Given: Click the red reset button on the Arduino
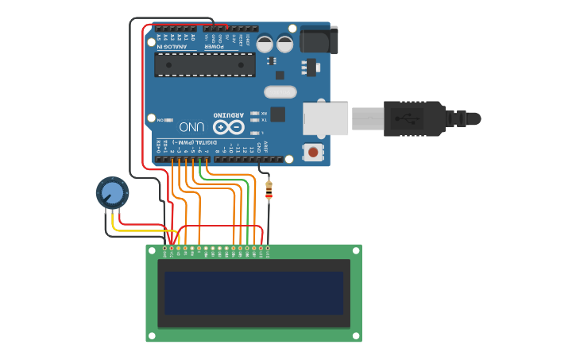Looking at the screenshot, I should coord(314,151).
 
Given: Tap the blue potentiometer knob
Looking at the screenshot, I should coord(112,192).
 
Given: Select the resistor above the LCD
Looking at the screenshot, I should coord(269,190).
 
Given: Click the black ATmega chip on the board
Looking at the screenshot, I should coord(205,64).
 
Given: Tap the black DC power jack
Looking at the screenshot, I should coord(319,40).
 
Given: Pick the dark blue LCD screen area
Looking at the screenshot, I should coord(253,292).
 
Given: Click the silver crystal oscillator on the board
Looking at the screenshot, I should coord(280,92).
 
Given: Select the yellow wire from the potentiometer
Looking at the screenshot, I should coord(139,230).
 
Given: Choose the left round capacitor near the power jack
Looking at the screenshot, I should coord(265,43).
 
